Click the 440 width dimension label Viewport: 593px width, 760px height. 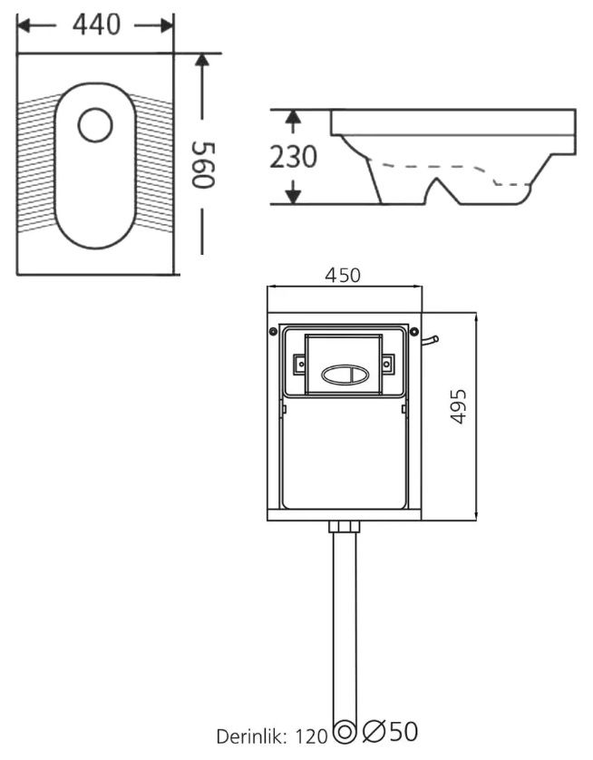coord(95,24)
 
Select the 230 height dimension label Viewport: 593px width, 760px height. coord(293,157)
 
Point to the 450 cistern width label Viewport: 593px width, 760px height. coord(344,275)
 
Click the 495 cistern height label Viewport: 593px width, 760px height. coord(459,407)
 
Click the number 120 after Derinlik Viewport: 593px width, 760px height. coord(311,735)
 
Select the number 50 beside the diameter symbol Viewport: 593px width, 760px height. coord(403,731)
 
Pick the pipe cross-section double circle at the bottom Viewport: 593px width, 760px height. coord(345,733)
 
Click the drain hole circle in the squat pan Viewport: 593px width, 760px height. coord(94,125)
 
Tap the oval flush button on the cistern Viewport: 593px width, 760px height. coord(343,374)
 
